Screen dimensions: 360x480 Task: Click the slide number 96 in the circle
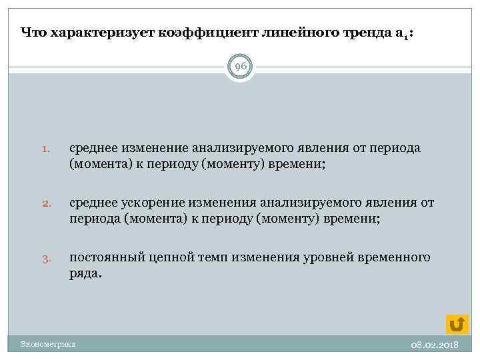[x=240, y=67]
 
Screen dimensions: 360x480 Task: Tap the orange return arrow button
[x=457, y=324]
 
